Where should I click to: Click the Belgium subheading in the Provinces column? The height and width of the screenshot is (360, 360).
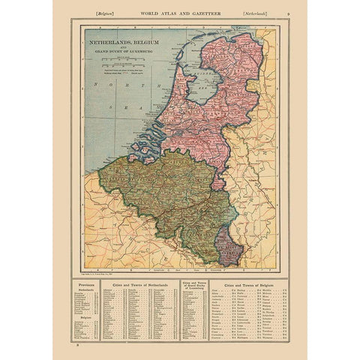88,317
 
